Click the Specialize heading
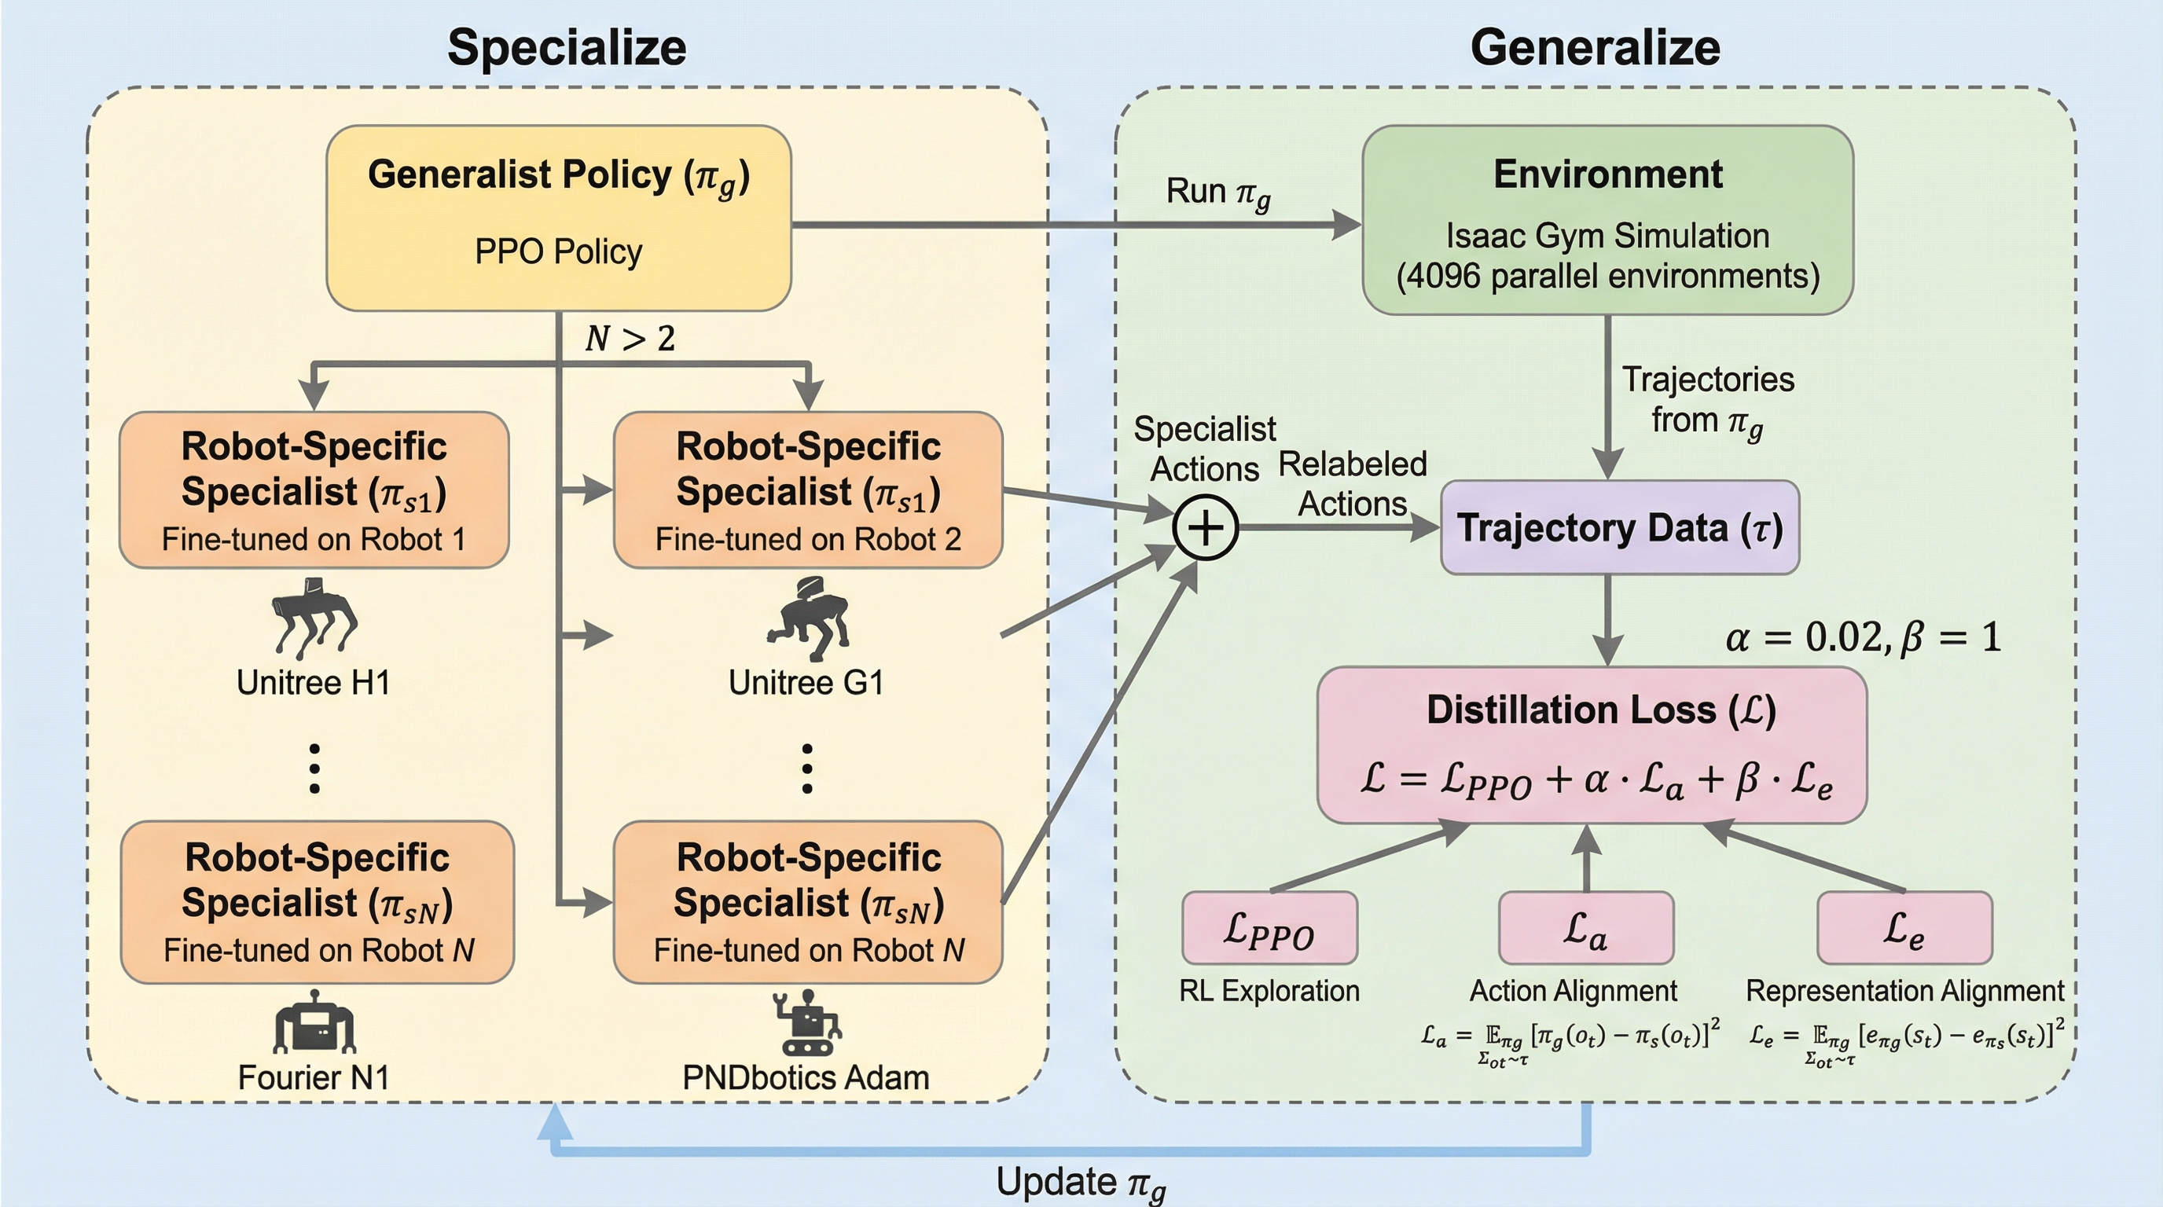(x=567, y=47)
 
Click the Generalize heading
(x=1595, y=47)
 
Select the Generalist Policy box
(x=558, y=218)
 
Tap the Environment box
(x=1607, y=220)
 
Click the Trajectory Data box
(x=1620, y=528)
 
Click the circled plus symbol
(x=1206, y=528)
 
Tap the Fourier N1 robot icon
(x=315, y=1022)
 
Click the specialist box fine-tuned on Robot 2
(x=808, y=490)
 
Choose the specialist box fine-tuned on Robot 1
(x=314, y=490)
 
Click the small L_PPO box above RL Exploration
(x=1269, y=928)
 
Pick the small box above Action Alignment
(x=1586, y=928)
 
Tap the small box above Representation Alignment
(x=1904, y=928)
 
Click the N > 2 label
(x=630, y=338)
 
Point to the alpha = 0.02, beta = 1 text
(x=1864, y=637)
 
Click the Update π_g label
(x=1081, y=1183)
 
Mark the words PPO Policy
(x=558, y=251)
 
